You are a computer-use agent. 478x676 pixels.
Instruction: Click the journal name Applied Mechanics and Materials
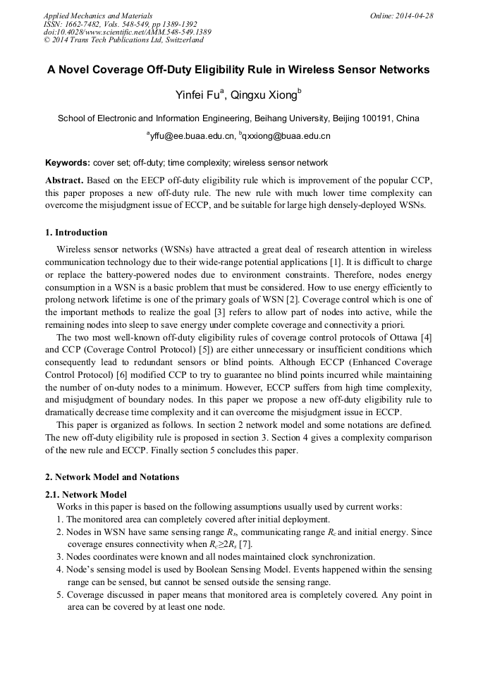97,16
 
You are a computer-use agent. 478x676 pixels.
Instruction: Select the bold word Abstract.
63,180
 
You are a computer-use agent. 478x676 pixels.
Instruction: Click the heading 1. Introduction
76,233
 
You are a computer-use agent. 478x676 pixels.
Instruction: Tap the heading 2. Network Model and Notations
112,477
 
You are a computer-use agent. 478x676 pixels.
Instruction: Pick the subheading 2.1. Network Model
86,495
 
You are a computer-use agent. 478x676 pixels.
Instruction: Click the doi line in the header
127,32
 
